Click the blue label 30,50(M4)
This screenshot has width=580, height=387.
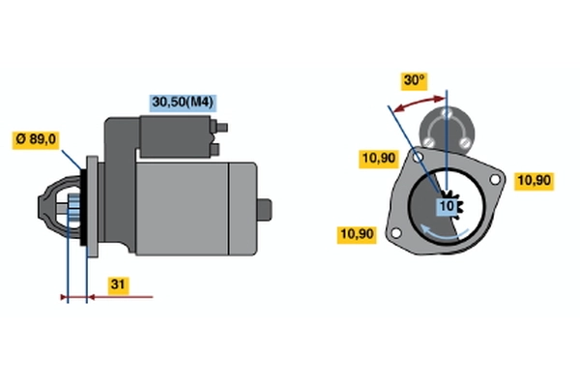click(x=183, y=103)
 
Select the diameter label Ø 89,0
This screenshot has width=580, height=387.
click(x=36, y=140)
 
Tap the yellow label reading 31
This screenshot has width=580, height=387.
click(x=118, y=284)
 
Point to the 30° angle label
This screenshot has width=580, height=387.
click(x=415, y=81)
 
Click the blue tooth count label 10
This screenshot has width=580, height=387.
click(x=447, y=206)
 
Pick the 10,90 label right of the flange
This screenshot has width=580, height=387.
click(x=534, y=181)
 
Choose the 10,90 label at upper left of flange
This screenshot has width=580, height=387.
click(x=378, y=159)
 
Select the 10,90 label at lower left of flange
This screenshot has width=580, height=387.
click(x=357, y=235)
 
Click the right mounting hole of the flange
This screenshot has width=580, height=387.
click(x=495, y=179)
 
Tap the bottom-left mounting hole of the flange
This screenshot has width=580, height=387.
click(x=395, y=233)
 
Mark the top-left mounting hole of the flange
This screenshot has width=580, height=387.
click(x=418, y=158)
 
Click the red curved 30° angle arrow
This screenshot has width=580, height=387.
click(x=419, y=103)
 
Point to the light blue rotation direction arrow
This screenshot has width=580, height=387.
click(x=443, y=233)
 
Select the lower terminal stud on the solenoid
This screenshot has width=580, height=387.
click(x=215, y=149)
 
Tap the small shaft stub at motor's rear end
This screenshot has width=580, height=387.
click(x=264, y=210)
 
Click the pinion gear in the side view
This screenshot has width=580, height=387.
click(x=74, y=209)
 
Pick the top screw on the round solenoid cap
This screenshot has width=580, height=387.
click(x=447, y=113)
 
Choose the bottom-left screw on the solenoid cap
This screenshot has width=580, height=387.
click(x=428, y=141)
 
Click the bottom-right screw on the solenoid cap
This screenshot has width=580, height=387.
click(x=464, y=142)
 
